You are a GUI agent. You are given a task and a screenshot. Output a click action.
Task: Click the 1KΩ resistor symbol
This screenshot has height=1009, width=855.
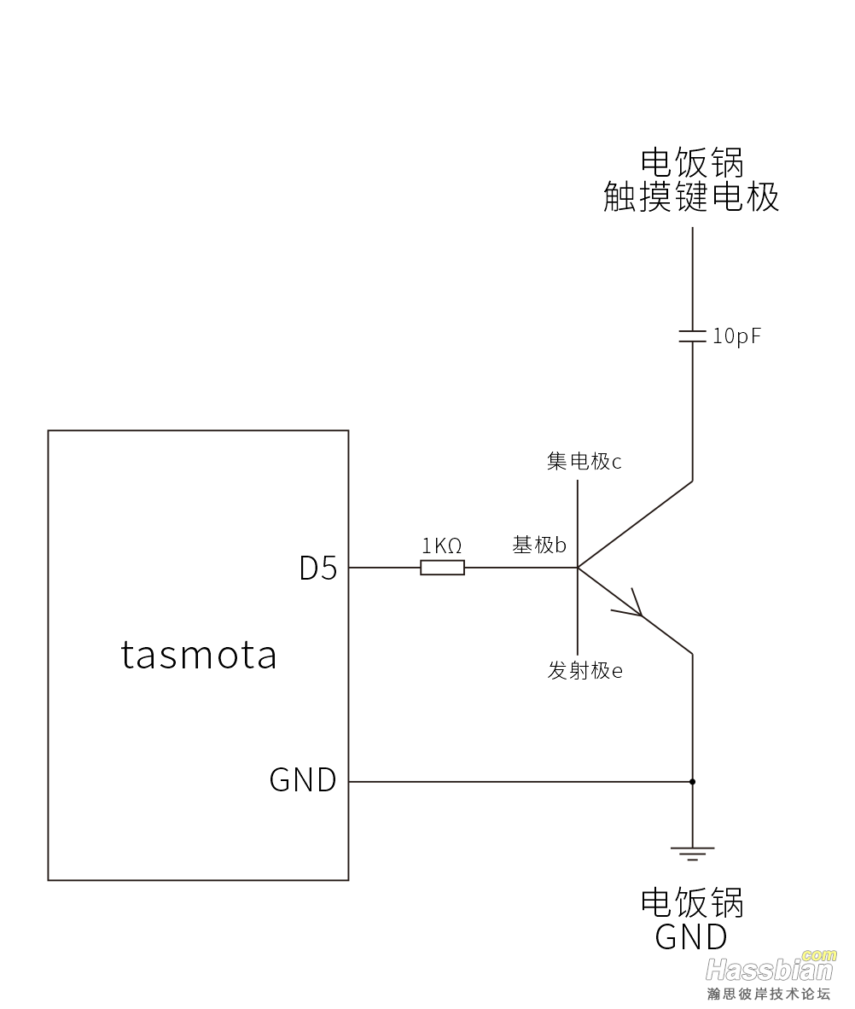coord(442,568)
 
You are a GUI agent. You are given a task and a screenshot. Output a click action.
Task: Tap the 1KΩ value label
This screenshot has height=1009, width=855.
coord(442,545)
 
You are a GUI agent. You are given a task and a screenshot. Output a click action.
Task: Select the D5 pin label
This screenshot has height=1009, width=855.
coord(318,568)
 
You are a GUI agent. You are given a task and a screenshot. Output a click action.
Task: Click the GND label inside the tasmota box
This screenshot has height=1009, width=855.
coord(303,780)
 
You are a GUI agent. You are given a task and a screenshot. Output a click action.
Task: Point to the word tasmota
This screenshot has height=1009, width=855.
coord(199,655)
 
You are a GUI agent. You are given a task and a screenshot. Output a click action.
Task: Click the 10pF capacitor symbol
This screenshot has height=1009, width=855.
coord(692,335)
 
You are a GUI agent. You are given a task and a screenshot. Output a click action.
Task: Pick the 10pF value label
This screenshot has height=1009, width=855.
coord(736,336)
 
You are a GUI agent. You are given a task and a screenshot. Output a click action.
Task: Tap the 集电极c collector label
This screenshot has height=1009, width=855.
coord(584,462)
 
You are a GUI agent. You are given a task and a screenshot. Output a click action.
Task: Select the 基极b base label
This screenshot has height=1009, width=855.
coord(539,545)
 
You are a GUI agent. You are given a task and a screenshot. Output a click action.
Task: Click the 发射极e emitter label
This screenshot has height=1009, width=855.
coord(585,671)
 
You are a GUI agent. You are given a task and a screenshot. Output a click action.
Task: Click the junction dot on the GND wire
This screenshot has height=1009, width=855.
coord(692,781)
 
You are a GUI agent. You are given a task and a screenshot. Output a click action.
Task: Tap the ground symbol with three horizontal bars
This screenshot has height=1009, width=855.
coord(692,853)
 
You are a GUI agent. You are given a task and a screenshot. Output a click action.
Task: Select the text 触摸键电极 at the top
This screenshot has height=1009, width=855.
coord(691,197)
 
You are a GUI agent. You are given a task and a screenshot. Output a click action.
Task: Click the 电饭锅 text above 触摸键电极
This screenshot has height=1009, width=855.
coord(692,162)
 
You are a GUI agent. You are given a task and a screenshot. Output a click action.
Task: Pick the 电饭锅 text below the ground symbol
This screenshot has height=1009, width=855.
coord(692,902)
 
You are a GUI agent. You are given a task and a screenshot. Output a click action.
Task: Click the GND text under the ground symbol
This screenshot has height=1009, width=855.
coord(691,937)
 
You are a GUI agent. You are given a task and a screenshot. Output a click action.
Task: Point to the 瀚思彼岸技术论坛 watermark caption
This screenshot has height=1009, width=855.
coord(768,994)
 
